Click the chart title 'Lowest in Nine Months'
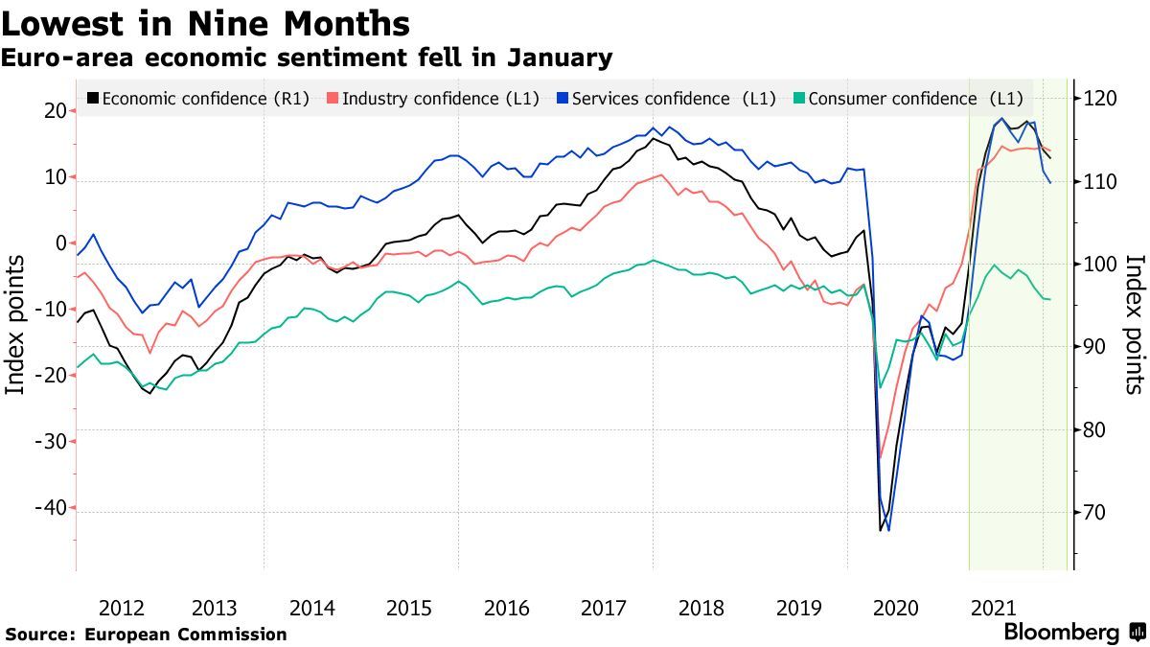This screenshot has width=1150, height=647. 206,23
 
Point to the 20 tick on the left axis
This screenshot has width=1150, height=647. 54,111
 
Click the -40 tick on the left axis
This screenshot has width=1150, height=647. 50,508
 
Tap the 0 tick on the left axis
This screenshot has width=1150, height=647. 59,243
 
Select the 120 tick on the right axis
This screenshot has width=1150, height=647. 1097,98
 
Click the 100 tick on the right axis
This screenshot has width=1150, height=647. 1097,265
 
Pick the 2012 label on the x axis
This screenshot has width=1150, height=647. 122,608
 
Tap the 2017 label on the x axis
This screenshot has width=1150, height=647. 605,608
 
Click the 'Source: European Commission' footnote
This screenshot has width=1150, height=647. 146,635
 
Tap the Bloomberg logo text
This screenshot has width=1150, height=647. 1061,633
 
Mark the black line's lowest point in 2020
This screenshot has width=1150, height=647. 880,530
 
